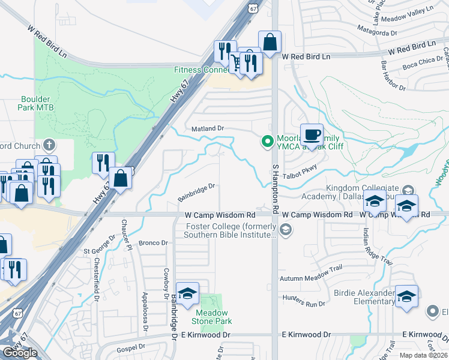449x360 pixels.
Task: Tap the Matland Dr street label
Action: pos(207,128)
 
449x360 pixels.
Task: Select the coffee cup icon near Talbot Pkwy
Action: pos(311,134)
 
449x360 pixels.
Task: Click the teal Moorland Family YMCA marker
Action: pos(267,142)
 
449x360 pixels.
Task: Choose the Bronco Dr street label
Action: pos(151,243)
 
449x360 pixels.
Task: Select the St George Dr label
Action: pos(98,251)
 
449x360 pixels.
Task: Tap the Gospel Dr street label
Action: pos(132,347)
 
